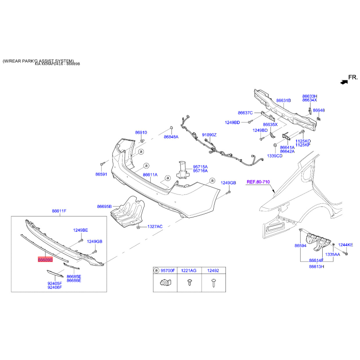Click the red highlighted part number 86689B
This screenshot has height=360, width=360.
45,260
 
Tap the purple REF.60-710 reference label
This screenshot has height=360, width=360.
258,182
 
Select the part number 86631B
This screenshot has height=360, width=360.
283,100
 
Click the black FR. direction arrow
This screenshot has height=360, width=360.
344,82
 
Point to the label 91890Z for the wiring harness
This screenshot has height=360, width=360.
209,135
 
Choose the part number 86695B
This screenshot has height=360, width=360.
104,207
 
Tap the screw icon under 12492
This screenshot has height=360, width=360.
214,283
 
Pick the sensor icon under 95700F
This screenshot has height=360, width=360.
165,283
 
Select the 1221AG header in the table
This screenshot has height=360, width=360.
189,270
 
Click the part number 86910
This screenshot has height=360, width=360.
141,132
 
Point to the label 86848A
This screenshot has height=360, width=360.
171,137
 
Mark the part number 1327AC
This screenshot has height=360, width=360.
155,227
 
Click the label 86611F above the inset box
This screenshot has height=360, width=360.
59,211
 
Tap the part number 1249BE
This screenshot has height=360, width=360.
81,230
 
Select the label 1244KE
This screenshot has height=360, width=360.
346,245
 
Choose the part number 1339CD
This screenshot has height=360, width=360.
274,156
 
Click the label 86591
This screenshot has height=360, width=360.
101,174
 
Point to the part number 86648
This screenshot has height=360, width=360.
319,110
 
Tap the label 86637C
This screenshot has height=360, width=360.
245,113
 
